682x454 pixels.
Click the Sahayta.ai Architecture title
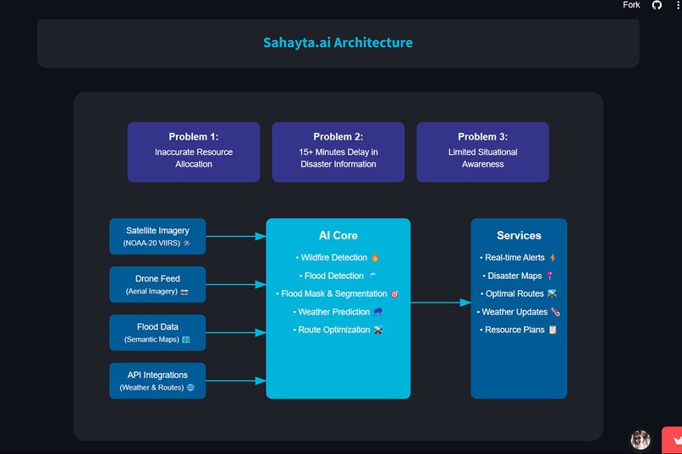click(338, 42)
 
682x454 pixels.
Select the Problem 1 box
click(194, 152)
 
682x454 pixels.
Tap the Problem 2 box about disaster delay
click(338, 152)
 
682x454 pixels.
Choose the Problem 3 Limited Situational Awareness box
click(482, 152)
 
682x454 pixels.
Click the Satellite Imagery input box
click(157, 237)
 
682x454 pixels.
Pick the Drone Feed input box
click(157, 284)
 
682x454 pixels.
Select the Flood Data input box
click(157, 332)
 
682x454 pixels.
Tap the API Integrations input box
click(157, 380)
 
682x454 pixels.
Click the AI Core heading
click(338, 236)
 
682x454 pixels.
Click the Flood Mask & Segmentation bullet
click(338, 294)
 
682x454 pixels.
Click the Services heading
click(519, 236)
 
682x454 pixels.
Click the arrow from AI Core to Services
click(441, 302)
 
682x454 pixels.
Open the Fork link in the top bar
click(631, 5)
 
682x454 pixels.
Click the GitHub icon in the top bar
click(657, 5)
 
